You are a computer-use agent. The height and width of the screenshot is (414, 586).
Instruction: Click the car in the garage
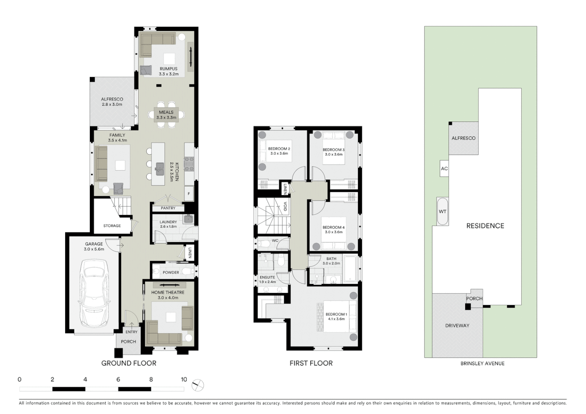coord(94,292)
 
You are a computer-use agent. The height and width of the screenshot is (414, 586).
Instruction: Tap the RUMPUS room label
coord(168,69)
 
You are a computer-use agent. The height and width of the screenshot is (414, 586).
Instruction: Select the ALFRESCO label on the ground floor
coord(112,99)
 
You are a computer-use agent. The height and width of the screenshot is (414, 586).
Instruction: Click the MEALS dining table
coord(166,115)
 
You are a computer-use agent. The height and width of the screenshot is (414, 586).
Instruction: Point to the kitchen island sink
coord(160,168)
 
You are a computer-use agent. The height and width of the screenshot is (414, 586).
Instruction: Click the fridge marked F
coord(189,194)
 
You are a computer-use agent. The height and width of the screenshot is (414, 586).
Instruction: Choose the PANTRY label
coord(168,208)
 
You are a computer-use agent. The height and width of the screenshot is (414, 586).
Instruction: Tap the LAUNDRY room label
coord(168,222)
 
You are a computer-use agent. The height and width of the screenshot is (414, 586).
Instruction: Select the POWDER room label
coord(171,273)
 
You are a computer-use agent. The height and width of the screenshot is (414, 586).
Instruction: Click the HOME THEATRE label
coord(168,292)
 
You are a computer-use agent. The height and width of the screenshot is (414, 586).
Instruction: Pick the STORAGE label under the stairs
coord(112,226)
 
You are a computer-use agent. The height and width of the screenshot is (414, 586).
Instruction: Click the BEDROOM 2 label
coord(279,149)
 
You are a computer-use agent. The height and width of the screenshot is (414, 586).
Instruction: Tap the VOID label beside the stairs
coord(285,206)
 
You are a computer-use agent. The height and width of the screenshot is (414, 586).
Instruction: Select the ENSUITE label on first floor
coord(267,277)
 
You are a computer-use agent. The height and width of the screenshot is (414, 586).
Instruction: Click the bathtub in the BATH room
coord(351,269)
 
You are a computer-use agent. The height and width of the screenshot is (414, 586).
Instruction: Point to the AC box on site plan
coord(444,169)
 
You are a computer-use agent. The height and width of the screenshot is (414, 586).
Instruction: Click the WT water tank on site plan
coord(443,212)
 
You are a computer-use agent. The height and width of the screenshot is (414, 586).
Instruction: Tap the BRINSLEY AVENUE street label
coord(482,363)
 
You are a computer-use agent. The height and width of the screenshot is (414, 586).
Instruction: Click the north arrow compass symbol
coord(198,385)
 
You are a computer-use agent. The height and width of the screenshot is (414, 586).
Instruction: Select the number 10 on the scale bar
coord(184,379)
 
